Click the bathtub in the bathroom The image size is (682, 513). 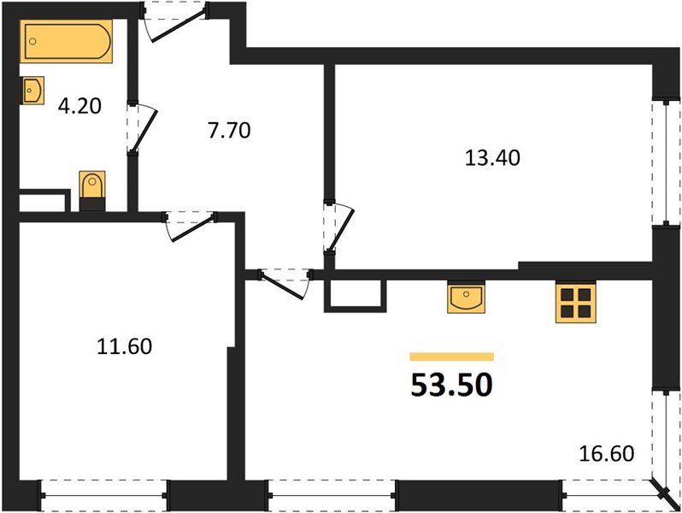68,42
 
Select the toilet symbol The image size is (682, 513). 91,187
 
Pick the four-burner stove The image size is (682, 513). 574,302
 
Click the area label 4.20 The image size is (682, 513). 79,107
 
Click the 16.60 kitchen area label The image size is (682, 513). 607,451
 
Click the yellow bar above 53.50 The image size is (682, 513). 452,357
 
